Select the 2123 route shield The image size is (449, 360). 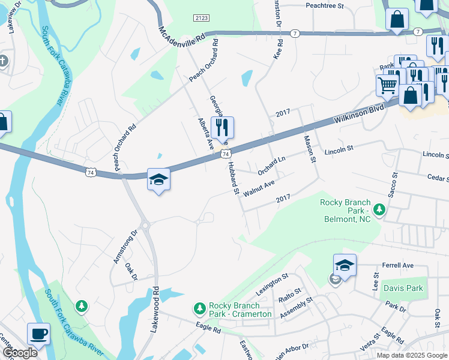pos(201,19)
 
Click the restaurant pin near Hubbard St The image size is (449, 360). pos(222,127)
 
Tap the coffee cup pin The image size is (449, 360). pos(39,333)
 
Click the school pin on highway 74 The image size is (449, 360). pos(159,179)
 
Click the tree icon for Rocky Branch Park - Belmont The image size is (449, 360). pos(379,209)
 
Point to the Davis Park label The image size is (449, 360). pos(403,288)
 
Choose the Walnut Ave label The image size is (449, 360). pos(259,187)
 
